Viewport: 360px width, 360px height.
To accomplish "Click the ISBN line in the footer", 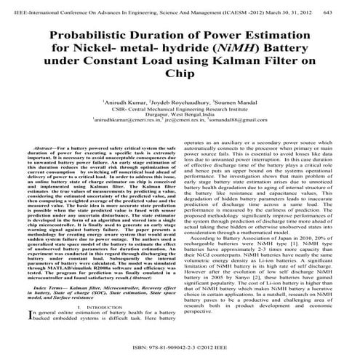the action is tap(180, 348).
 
